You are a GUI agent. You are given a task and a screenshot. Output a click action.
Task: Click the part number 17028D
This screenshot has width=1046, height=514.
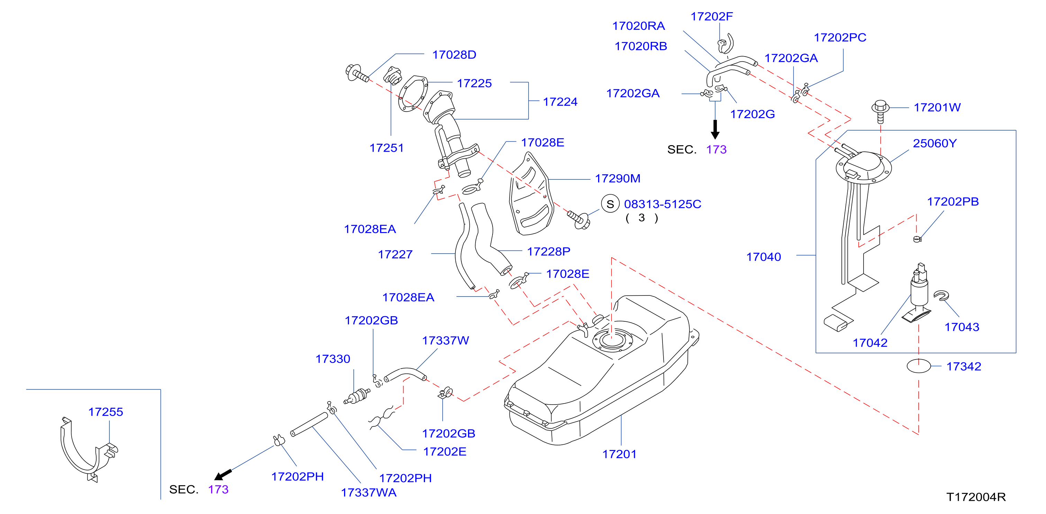[x=454, y=55]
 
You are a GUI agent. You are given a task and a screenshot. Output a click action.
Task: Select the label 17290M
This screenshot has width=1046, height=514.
[x=617, y=178]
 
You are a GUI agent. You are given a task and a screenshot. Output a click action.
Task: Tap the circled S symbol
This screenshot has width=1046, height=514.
[x=610, y=204]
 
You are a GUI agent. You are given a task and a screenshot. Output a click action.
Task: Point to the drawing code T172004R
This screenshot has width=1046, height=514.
[x=976, y=497]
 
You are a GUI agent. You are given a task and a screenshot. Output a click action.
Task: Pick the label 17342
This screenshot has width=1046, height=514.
[x=964, y=366]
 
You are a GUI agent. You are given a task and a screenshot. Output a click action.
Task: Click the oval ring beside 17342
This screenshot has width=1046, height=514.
[x=919, y=366]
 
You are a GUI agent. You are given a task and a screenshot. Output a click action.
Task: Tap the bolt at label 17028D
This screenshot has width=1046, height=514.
[x=357, y=73]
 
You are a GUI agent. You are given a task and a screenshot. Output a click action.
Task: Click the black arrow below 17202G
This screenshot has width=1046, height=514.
[x=715, y=129]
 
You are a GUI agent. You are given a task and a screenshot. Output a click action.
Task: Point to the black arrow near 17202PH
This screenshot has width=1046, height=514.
[x=223, y=475]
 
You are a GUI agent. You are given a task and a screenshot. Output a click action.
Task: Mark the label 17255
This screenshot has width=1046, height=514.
[x=106, y=412]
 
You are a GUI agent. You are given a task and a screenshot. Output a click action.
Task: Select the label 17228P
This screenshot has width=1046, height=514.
[x=549, y=252]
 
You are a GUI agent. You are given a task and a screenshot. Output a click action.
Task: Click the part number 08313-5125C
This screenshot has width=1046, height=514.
[x=663, y=204]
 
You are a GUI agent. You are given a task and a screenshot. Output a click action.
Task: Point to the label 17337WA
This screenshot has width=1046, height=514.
[x=369, y=493]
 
